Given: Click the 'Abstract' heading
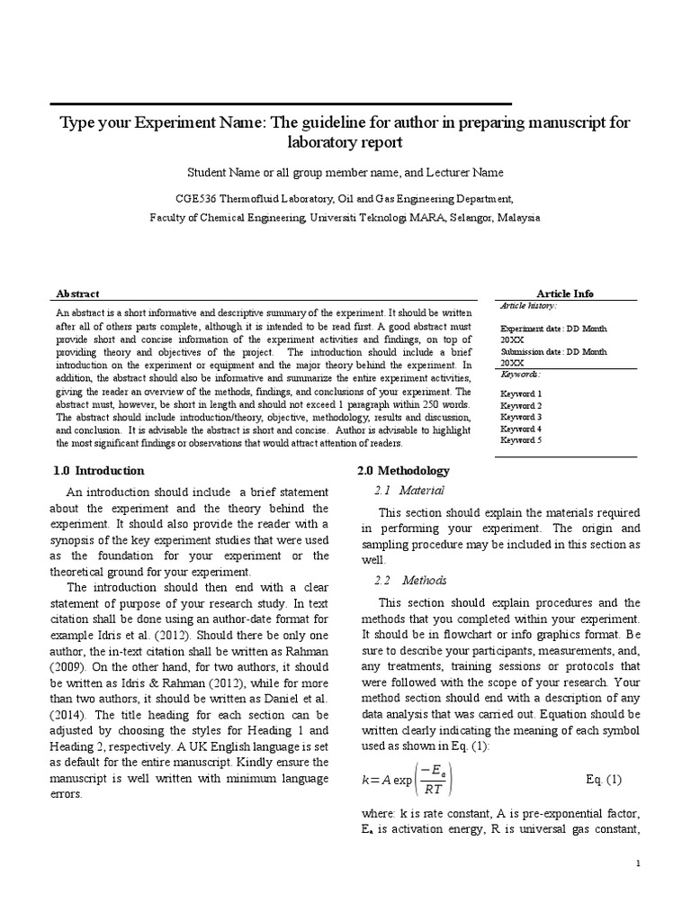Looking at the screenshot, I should point(77,294).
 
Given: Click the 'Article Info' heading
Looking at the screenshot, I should point(564,294).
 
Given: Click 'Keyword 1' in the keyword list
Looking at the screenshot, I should point(521,394).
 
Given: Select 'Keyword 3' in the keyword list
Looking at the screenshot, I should point(521,417).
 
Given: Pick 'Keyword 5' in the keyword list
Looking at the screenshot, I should point(521,440).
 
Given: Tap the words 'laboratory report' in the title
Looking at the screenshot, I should point(345,142).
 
